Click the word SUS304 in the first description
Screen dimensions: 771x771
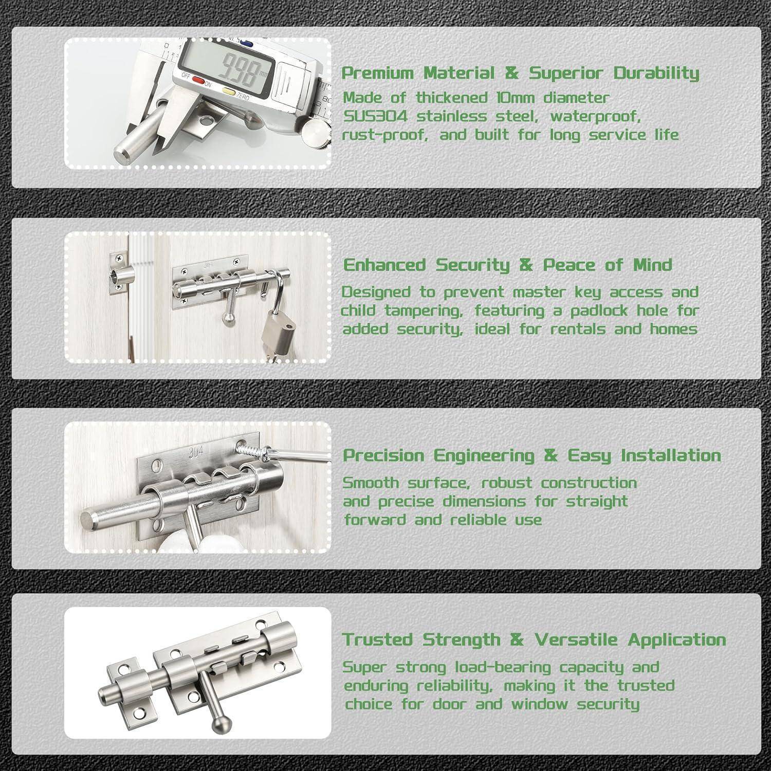[375, 116]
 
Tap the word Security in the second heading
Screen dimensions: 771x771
[473, 265]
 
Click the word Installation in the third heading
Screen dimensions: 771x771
[670, 455]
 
